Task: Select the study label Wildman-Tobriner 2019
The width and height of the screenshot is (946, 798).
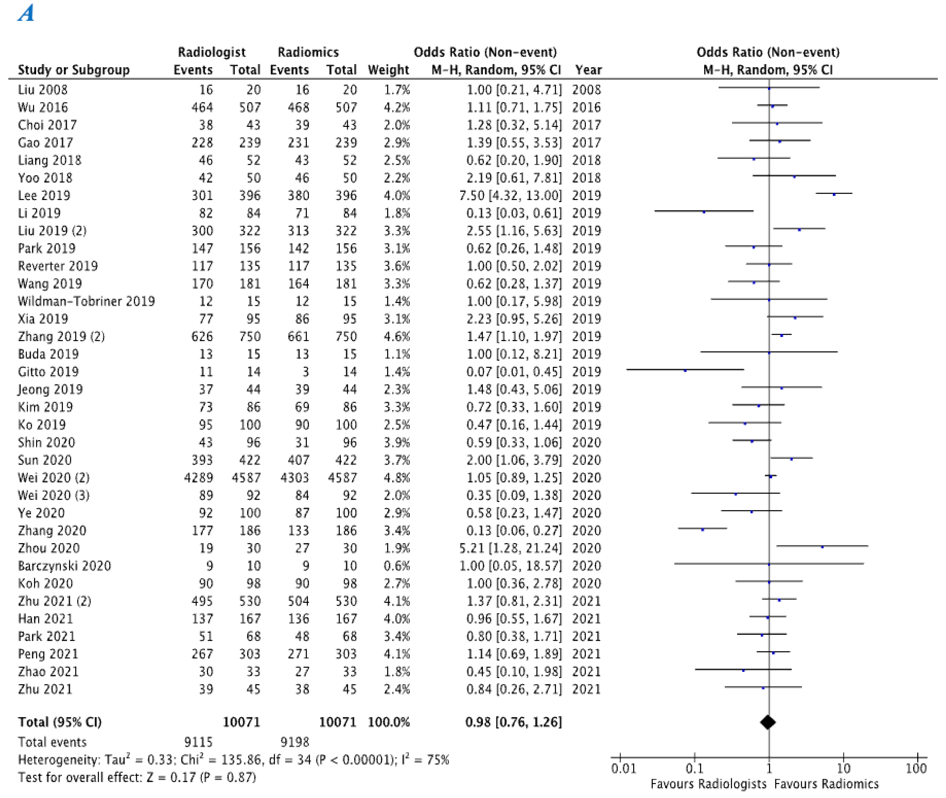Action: (x=86, y=301)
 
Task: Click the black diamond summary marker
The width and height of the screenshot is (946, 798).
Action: (x=768, y=722)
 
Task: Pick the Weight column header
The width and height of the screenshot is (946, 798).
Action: (x=388, y=70)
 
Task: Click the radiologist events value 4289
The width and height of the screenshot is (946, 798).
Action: (x=198, y=478)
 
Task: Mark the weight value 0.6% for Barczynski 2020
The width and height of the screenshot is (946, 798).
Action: (x=397, y=566)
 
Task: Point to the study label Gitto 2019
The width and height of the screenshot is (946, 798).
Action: (x=48, y=372)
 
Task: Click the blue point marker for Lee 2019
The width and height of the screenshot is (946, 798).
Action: (x=834, y=194)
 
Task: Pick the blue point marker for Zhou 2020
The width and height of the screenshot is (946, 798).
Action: (x=822, y=547)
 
